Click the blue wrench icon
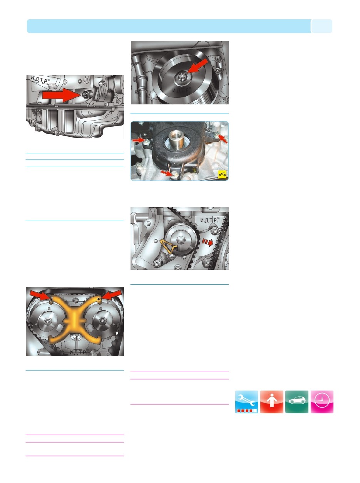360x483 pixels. click(246, 402)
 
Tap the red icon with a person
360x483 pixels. click(271, 402)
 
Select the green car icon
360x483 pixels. click(297, 402)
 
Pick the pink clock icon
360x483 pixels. click(322, 402)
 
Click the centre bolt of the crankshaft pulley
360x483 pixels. click(183, 78)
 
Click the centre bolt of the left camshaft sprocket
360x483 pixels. click(47, 320)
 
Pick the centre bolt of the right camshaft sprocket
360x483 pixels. click(102, 320)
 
